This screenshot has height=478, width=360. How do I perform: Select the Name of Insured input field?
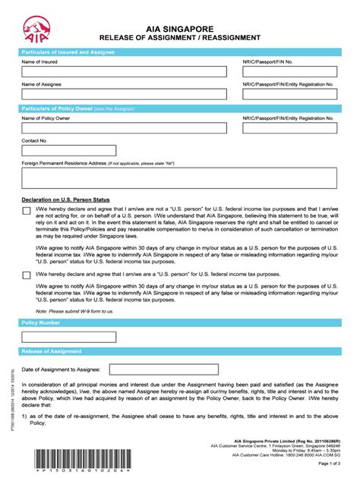124,72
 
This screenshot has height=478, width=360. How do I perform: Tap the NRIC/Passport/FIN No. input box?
291,72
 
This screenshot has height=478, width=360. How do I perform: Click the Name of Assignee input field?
124,95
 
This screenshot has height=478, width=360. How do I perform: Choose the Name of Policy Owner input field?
124,129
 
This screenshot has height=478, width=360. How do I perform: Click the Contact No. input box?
69,151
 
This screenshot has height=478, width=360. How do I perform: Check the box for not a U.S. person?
27,212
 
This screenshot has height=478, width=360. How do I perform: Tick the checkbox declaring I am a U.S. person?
27,275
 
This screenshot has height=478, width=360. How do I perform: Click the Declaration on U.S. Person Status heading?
65,200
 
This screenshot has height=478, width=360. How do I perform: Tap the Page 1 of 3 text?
328,462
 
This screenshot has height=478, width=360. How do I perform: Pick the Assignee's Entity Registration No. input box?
291,95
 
